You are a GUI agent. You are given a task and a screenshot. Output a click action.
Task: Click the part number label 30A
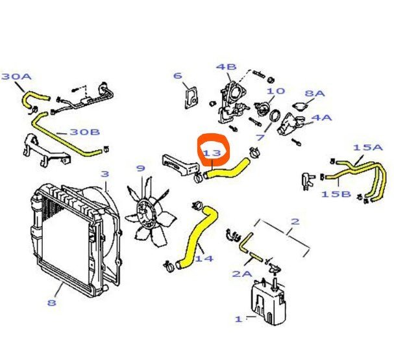(16, 77)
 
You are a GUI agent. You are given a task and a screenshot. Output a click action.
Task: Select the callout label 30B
(84, 132)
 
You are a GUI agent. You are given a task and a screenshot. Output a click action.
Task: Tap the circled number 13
(213, 153)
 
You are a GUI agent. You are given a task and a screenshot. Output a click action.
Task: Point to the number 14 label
(204, 259)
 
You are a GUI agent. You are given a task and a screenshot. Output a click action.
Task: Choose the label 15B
(335, 194)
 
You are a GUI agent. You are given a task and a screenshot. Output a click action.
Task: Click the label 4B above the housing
(227, 66)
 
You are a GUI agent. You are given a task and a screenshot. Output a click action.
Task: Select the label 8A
(314, 94)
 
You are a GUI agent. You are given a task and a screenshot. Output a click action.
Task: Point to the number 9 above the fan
(140, 169)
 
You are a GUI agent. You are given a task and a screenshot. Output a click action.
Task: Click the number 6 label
(177, 76)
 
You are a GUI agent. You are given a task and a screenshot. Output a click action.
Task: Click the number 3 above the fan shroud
(105, 174)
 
